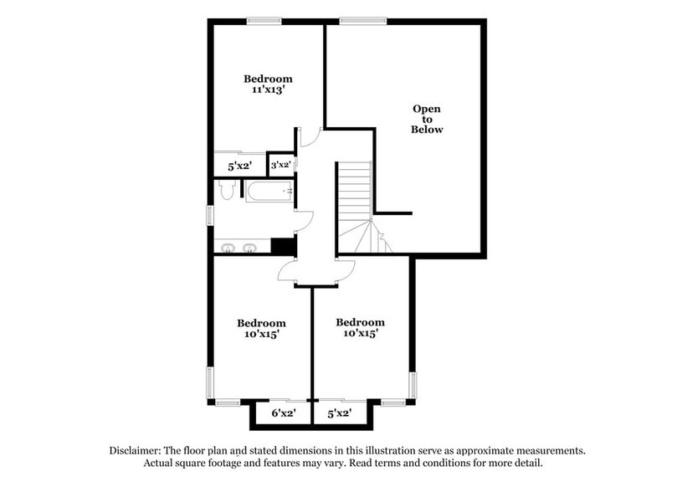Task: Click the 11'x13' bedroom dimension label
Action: click(268, 91)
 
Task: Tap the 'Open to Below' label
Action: click(427, 120)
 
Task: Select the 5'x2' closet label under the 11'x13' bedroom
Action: click(240, 166)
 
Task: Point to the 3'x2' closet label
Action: click(280, 165)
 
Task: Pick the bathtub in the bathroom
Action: click(268, 192)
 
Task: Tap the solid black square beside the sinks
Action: click(284, 246)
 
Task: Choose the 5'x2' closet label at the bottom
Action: click(339, 413)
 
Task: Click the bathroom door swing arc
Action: click(305, 220)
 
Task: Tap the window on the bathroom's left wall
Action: click(210, 224)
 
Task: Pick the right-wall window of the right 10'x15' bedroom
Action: click(412, 386)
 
